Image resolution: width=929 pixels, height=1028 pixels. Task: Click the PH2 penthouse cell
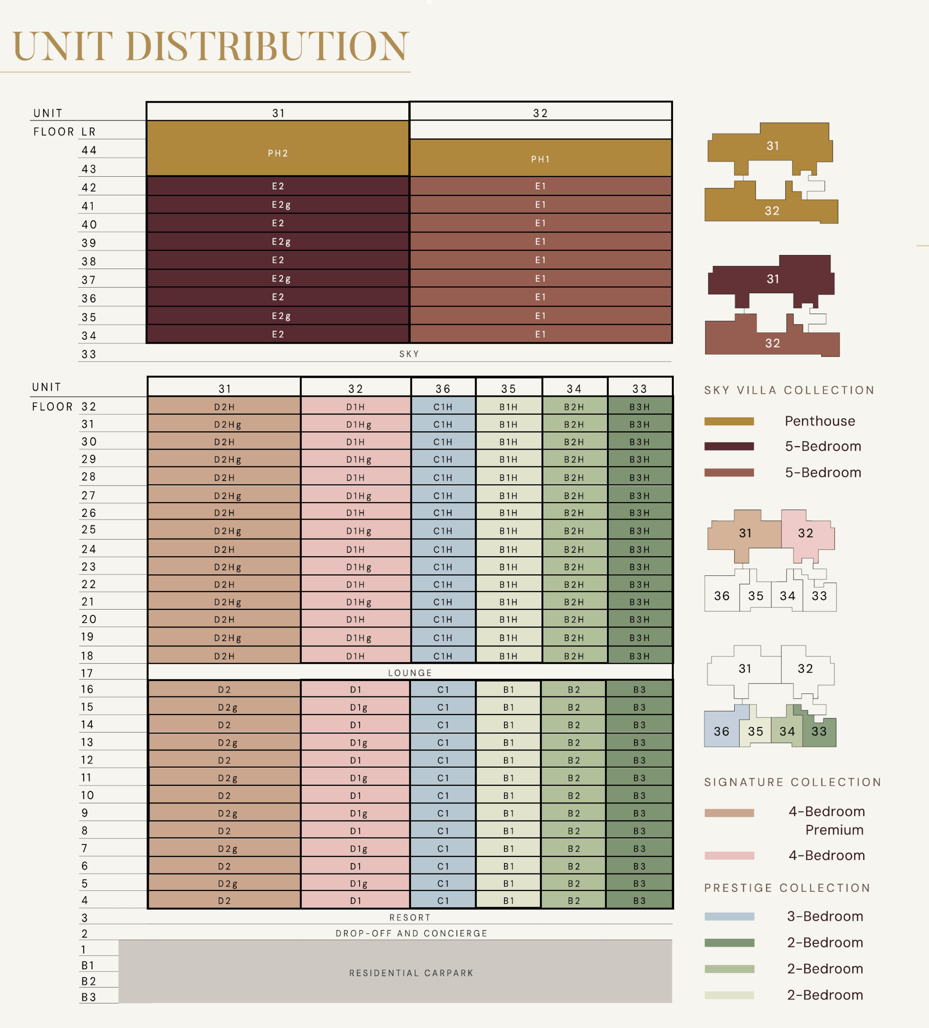(278, 153)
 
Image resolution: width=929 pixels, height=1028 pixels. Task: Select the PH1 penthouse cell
(540, 159)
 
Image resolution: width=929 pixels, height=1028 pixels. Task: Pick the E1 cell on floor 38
(540, 260)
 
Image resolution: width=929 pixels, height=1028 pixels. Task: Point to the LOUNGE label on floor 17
(410, 673)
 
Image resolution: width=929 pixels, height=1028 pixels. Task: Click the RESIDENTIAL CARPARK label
(411, 973)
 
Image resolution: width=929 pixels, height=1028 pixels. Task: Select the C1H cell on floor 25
(443, 531)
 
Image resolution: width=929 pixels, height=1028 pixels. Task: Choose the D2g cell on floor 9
(227, 813)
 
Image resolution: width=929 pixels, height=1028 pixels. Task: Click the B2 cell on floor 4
(574, 901)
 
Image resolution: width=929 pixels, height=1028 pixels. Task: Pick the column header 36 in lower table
(443, 389)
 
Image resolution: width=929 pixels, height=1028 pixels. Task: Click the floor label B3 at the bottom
(88, 997)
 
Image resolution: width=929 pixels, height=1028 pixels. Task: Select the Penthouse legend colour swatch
(729, 421)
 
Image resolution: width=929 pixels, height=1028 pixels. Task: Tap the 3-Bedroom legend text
(825, 916)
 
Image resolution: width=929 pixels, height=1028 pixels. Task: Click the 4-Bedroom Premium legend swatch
(729, 813)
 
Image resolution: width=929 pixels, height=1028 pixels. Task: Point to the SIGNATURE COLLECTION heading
(793, 782)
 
